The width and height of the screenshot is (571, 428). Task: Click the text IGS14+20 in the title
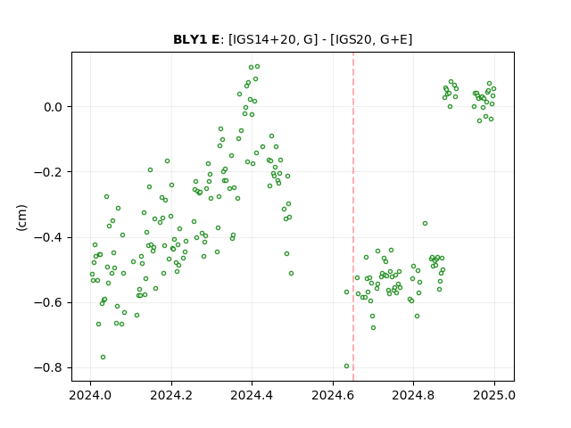262,39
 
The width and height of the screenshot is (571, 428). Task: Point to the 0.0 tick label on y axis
53,107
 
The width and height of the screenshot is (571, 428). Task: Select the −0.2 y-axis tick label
48,172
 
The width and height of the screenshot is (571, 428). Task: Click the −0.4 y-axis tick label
48,237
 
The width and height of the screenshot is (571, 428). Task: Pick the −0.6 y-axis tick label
48,302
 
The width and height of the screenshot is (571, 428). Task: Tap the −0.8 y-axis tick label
48,367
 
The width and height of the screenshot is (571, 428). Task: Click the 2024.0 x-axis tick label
90,395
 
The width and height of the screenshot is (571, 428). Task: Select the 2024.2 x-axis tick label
171,395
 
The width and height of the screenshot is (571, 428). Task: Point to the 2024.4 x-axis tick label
252,395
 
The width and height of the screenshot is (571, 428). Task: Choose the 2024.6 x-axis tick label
333,395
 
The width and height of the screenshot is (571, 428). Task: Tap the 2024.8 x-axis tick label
413,395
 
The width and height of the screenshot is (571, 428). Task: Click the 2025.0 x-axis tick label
494,395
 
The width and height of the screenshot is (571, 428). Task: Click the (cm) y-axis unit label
21,218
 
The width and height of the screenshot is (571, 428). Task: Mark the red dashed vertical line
353,217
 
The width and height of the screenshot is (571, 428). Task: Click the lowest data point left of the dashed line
347,366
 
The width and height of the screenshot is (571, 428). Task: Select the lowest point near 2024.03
103,357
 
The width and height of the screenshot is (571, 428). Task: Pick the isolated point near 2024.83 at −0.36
425,224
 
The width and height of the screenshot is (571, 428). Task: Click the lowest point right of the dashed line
373,327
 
